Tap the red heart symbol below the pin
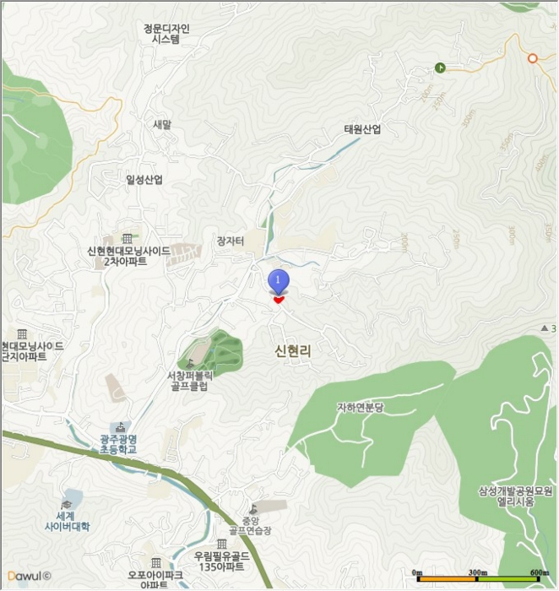click(279, 299)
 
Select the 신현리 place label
click(293, 350)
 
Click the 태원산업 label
click(362, 130)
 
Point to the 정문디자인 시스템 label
click(166, 33)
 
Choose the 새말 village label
click(161, 124)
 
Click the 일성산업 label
click(144, 180)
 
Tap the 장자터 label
click(231, 241)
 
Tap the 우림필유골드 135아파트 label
click(221, 561)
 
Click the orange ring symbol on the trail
click(532, 58)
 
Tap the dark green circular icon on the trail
click(440, 68)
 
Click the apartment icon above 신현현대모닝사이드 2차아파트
click(127, 239)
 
